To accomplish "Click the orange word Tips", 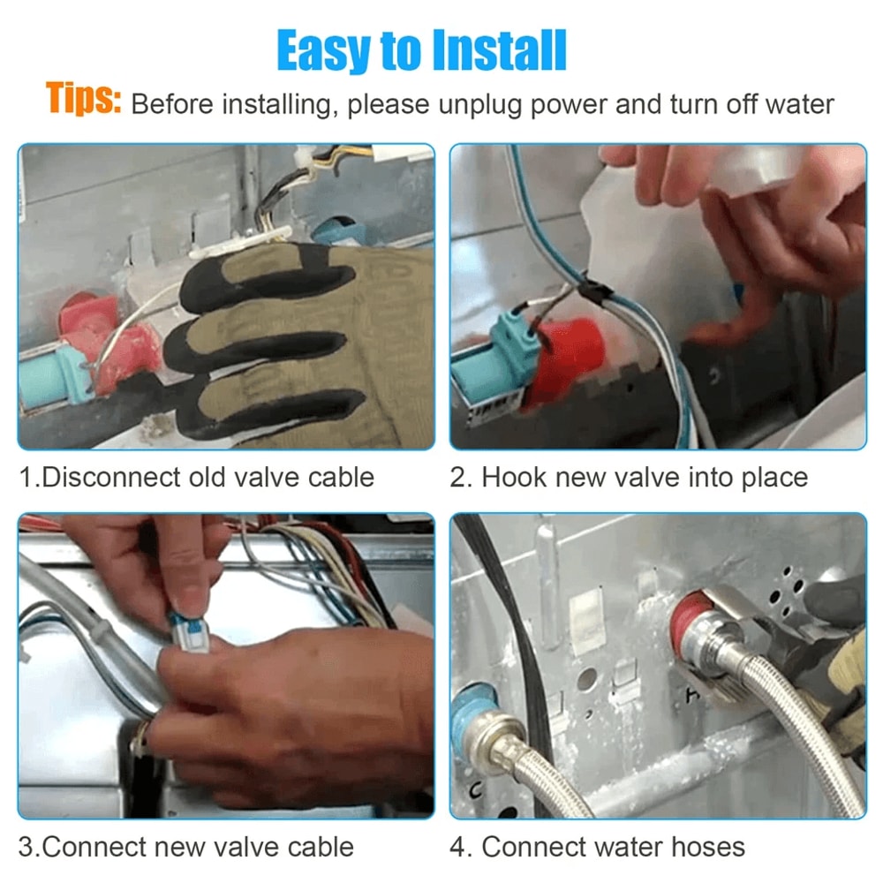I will click(82, 100).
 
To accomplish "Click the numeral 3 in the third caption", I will click(26, 847).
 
